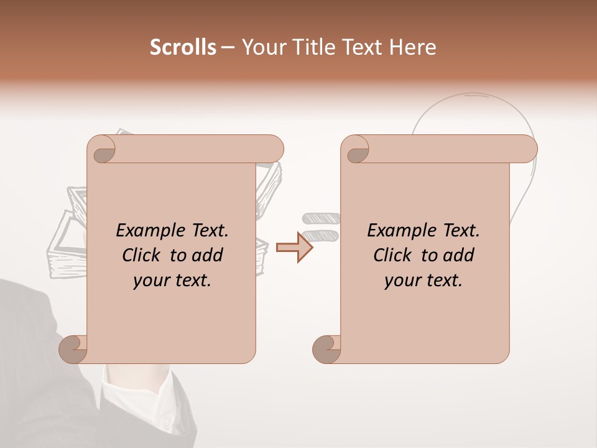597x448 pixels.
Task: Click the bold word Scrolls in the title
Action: [183, 47]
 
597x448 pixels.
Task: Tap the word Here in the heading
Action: [412, 47]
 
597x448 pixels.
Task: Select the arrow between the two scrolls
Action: [294, 247]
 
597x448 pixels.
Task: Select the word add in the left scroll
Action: [208, 255]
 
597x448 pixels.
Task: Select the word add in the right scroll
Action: [460, 255]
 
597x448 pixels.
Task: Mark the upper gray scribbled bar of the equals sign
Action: [321, 218]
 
